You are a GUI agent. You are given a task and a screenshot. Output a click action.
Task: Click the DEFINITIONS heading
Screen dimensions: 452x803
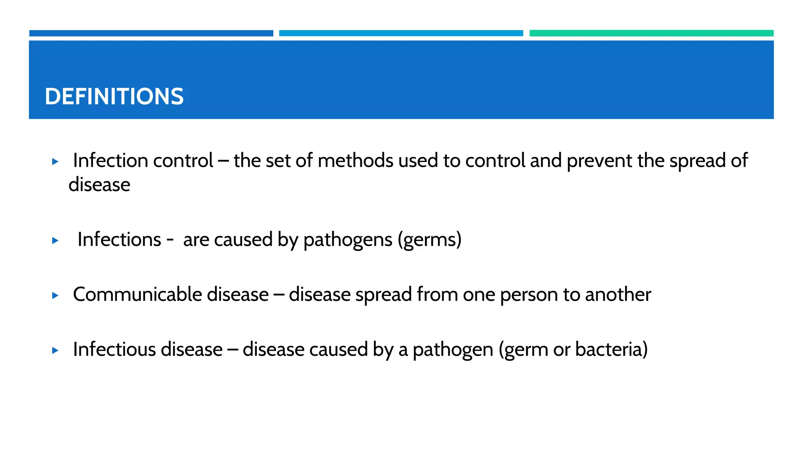(114, 97)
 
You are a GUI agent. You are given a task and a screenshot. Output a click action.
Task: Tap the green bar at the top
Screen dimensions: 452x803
(651, 33)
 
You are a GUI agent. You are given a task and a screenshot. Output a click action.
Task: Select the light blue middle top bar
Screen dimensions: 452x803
(401, 33)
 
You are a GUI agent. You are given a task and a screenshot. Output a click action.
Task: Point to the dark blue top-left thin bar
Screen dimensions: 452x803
(151, 33)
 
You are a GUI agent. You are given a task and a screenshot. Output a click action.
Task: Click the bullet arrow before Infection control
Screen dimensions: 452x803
(55, 161)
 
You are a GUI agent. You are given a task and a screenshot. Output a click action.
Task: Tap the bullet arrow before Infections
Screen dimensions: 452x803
(55, 240)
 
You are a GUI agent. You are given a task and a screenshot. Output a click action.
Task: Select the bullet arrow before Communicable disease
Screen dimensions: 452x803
(55, 295)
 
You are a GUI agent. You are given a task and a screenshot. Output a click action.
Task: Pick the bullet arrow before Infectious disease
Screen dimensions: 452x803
(55, 350)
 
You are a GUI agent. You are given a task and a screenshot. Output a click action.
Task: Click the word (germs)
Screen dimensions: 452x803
(429, 240)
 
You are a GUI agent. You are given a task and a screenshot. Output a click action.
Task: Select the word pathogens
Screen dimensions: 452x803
(348, 240)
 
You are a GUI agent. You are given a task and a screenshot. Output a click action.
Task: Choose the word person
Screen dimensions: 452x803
(529, 295)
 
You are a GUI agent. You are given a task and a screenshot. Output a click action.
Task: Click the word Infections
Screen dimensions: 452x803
(119, 239)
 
